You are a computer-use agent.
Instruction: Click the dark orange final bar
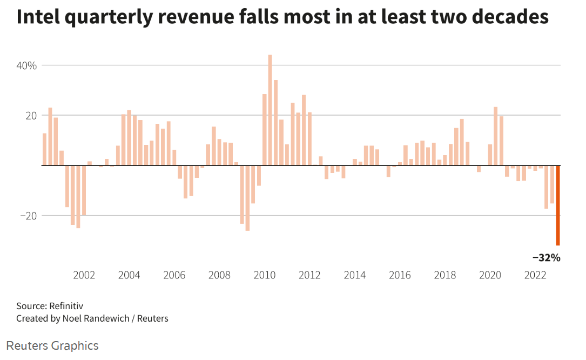(x=558, y=205)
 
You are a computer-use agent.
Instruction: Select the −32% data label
(x=547, y=258)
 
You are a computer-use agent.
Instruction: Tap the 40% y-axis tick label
(x=26, y=65)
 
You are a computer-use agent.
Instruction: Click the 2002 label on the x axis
(x=84, y=275)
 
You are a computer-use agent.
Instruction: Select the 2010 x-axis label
(x=265, y=275)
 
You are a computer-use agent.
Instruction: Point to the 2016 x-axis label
(x=400, y=275)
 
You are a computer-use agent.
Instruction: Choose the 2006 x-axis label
(x=174, y=275)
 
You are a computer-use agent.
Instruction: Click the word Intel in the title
(x=38, y=17)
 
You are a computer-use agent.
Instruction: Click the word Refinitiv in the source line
(x=66, y=306)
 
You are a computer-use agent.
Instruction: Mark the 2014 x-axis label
(x=355, y=275)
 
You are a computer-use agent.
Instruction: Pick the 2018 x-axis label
(x=446, y=275)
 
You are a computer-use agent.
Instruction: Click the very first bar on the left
(x=44, y=149)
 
